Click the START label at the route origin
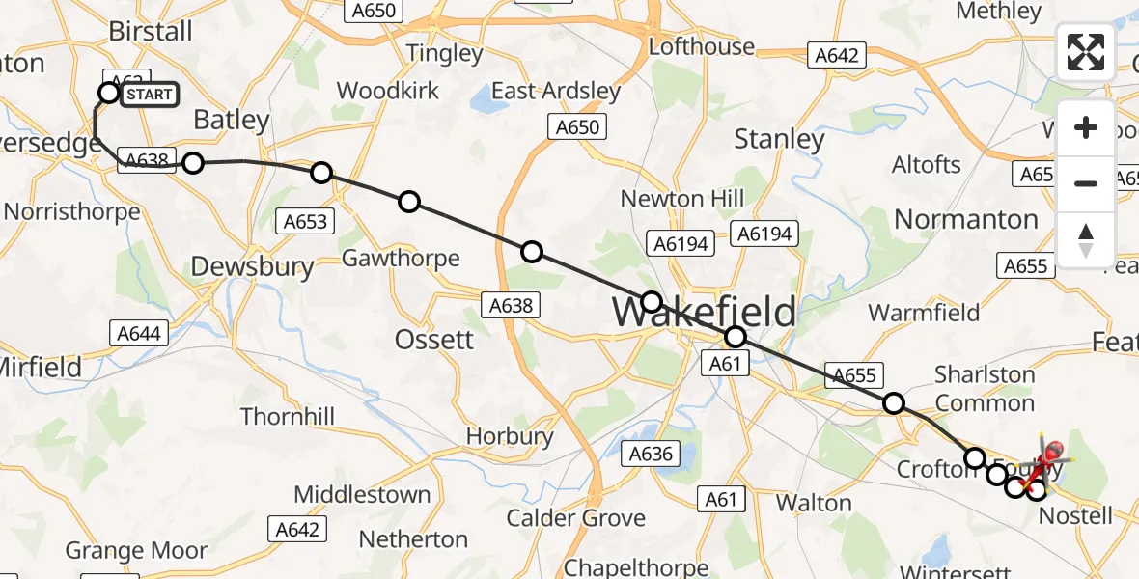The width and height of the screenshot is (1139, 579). (149, 94)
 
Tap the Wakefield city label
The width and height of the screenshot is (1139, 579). (705, 312)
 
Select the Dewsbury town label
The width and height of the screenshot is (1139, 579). (252, 267)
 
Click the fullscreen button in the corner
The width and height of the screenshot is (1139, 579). (1086, 52)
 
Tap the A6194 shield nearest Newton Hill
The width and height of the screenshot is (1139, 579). (682, 244)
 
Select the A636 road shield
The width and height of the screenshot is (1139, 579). (651, 454)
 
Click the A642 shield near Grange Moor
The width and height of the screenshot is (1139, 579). (298, 529)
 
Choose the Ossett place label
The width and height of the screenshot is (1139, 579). (434, 340)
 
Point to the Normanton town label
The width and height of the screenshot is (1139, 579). (966, 219)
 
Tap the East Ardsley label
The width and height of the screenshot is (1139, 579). (556, 91)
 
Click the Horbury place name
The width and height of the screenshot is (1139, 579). (510, 436)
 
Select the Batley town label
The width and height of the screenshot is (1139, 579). (231, 120)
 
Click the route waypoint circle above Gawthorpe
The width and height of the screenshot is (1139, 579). (409, 201)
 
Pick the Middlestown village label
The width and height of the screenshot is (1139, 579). (362, 495)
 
